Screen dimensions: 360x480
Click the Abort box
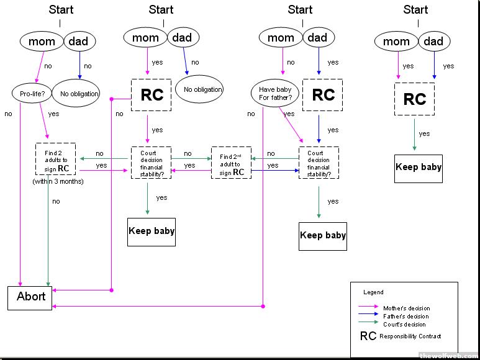[x=31, y=297]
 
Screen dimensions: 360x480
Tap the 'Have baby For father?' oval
[x=274, y=93]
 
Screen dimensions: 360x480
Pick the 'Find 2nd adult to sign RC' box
[x=231, y=162]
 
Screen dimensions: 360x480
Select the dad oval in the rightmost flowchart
[x=433, y=42]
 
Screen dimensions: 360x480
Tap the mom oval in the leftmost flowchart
[x=42, y=42]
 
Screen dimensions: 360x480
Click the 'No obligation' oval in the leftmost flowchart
[x=79, y=94]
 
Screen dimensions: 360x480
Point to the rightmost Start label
[x=415, y=9]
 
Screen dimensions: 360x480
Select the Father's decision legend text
[x=405, y=316]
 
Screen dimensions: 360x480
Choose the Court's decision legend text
[x=404, y=324]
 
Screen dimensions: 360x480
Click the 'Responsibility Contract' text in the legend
[x=410, y=336]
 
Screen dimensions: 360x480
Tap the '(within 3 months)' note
[x=58, y=181]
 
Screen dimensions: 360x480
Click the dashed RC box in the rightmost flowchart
[x=415, y=99]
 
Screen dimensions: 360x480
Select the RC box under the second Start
[x=152, y=95]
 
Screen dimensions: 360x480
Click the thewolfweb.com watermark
[x=448, y=356]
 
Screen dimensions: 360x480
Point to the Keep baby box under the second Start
[x=152, y=232]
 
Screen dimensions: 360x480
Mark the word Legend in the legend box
[x=373, y=292]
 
